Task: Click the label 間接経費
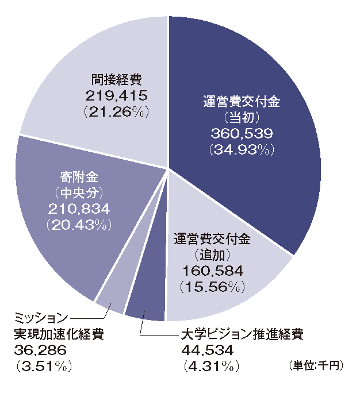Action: pyautogui.click(x=117, y=79)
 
